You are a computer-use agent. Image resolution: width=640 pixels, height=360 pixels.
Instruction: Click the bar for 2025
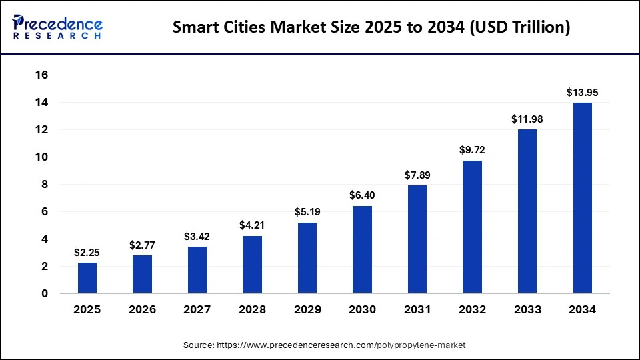[87, 277]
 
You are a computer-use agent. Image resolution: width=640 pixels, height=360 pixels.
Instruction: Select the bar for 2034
[582, 198]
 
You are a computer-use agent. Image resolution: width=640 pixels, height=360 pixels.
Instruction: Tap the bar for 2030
[362, 249]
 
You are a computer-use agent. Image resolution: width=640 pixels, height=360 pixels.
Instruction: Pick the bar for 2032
[472, 227]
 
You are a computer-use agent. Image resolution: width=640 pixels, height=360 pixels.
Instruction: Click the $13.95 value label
[582, 93]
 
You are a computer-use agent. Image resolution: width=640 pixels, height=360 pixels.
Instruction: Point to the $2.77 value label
[142, 245]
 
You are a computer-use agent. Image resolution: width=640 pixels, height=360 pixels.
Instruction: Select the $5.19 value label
[307, 212]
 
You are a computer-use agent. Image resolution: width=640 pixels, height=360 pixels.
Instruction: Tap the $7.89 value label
[417, 175]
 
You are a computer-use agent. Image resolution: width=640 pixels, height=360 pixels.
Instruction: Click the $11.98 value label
[527, 119]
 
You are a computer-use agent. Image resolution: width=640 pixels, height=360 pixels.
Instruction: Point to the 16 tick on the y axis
[42, 75]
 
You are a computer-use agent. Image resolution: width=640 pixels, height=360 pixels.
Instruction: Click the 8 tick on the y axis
[45, 185]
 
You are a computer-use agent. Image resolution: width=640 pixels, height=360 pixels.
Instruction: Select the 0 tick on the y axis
[45, 294]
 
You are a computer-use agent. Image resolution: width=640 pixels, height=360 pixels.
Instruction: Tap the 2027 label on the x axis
[197, 309]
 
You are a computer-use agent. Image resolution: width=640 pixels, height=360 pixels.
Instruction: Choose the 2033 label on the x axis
[527, 309]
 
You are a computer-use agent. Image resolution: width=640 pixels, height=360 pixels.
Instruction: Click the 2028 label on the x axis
[252, 309]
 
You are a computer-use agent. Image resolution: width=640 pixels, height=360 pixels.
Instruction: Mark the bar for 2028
[252, 265]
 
